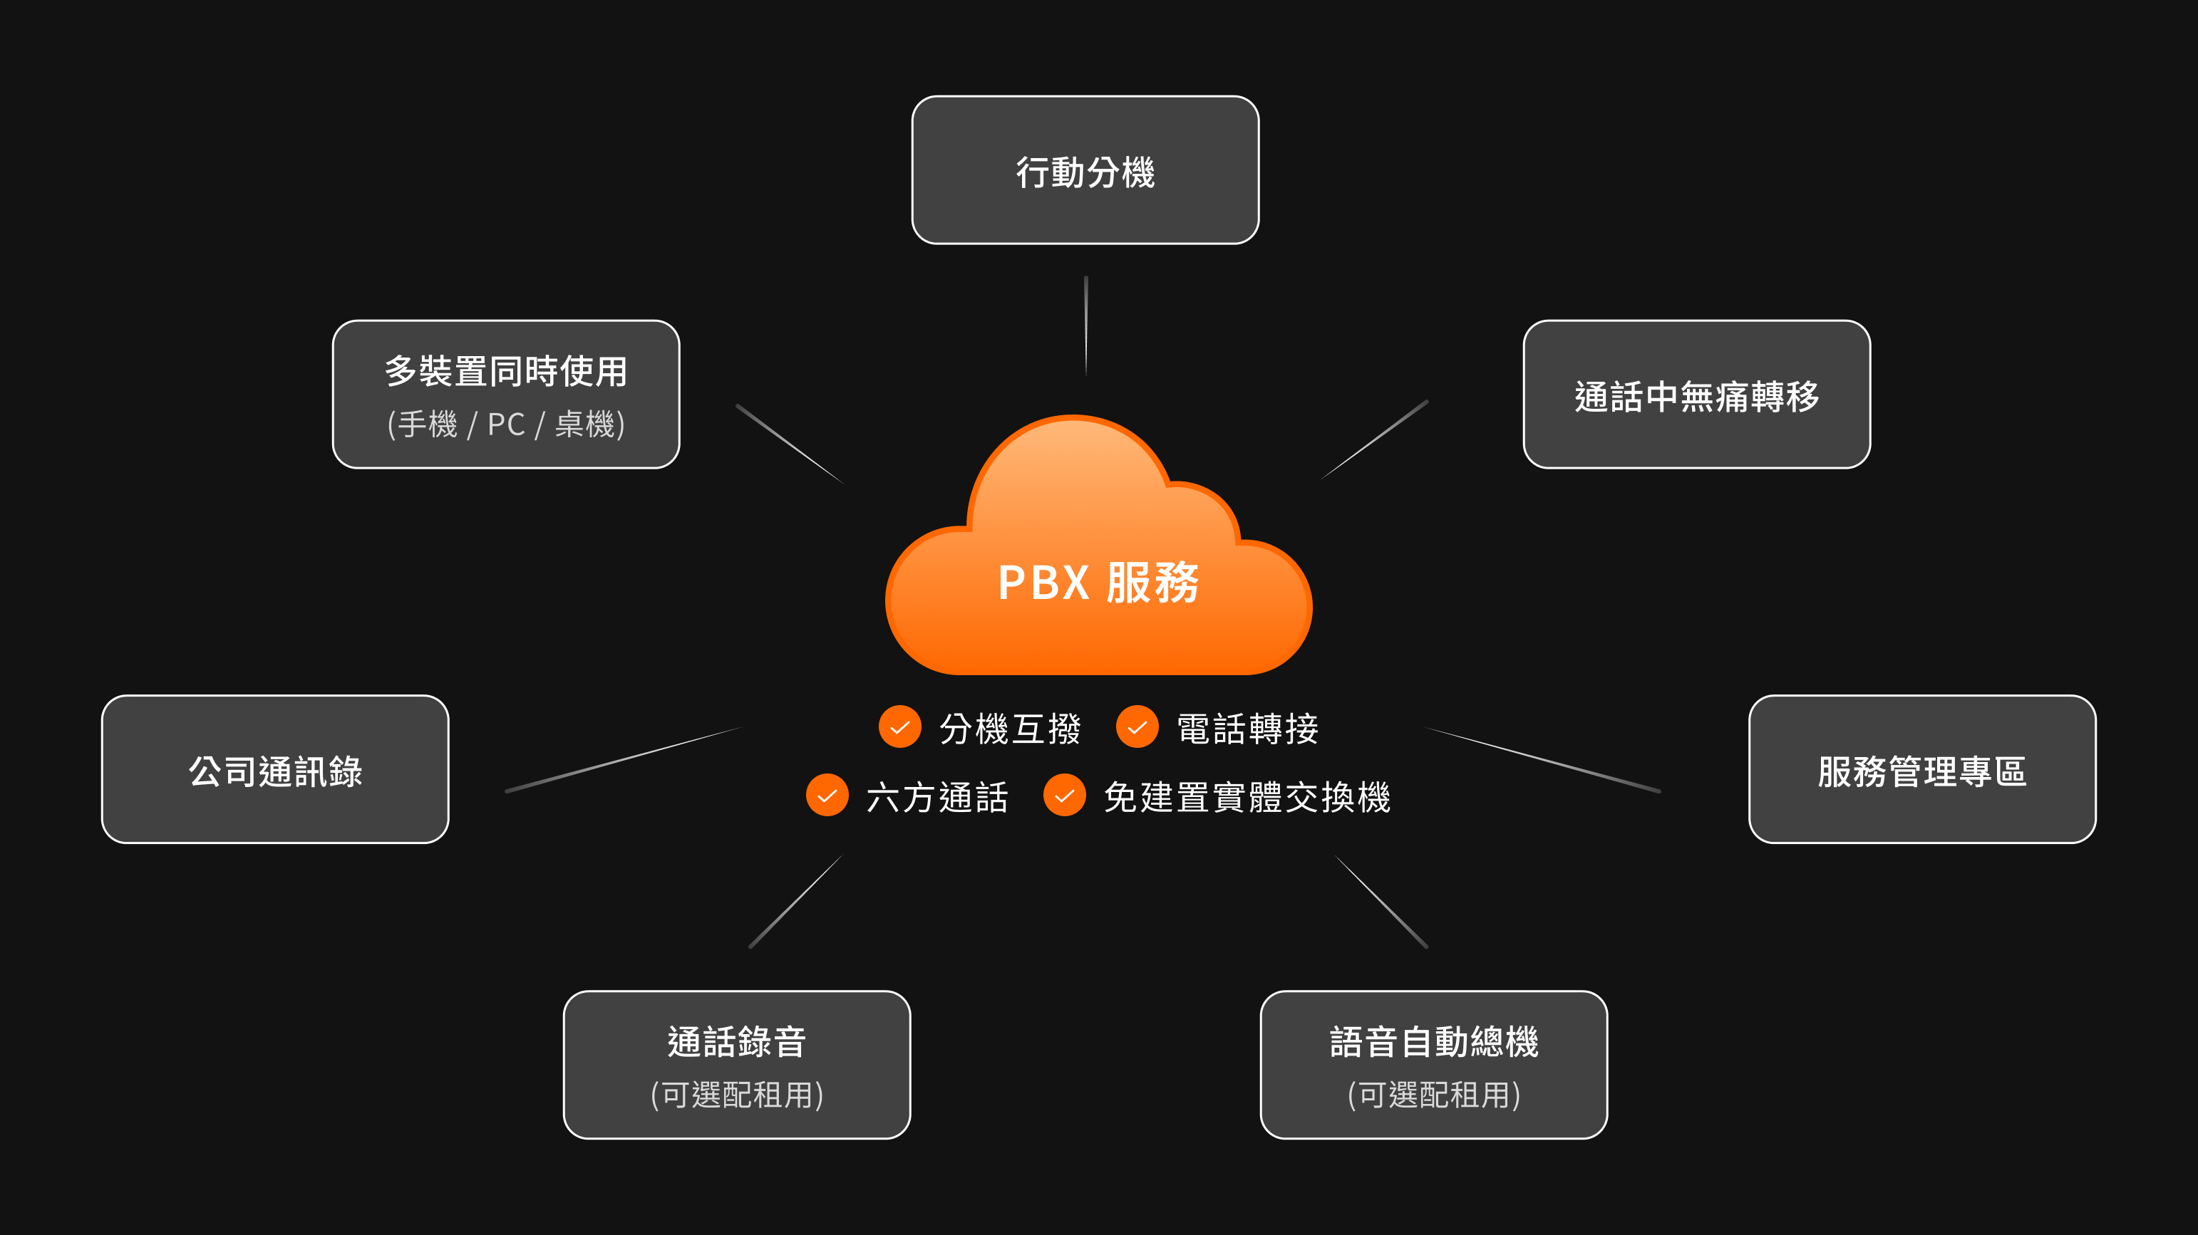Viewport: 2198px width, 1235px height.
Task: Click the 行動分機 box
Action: pos(1085,171)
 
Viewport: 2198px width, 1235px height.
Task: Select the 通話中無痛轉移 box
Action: pos(1696,395)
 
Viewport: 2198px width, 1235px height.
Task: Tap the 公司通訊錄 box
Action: pos(275,769)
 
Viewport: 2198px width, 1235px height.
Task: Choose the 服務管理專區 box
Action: pos(1921,769)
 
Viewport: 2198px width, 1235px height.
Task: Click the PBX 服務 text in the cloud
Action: pos(1098,583)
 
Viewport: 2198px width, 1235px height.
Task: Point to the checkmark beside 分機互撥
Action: pos(899,727)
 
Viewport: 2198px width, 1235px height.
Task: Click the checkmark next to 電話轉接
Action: pos(1137,727)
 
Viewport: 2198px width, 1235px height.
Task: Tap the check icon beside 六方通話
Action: pos(827,796)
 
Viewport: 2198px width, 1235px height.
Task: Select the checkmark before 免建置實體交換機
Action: pos(1064,796)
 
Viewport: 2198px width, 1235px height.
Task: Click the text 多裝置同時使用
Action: pos(506,371)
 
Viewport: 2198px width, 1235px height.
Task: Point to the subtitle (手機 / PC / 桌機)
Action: pos(506,424)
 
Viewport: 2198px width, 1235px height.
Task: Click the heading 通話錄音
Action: pos(736,1041)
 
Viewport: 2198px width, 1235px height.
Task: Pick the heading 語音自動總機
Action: pos(1433,1041)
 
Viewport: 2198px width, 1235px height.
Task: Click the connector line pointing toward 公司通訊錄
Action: pos(623,759)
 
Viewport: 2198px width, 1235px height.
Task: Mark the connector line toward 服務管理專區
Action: pos(1543,759)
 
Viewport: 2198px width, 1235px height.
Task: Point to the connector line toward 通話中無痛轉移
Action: pos(1375,439)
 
